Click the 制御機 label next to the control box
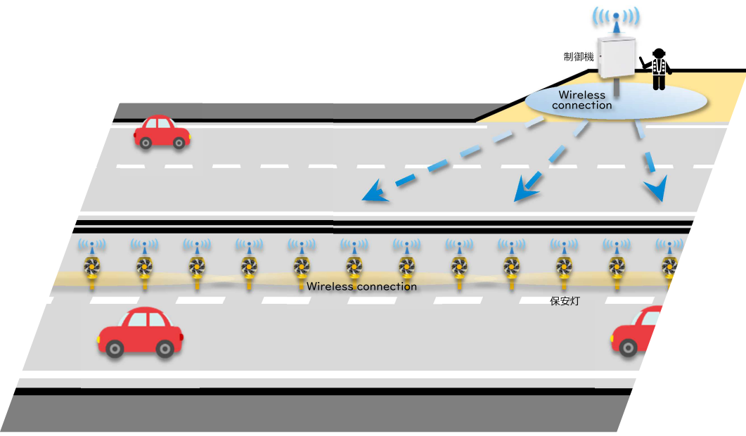(x=579, y=57)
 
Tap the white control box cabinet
(x=617, y=56)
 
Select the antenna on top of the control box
(x=616, y=21)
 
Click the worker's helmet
(x=659, y=53)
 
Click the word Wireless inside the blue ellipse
(x=581, y=95)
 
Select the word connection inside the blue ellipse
(x=581, y=105)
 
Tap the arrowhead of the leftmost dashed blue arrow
(x=373, y=193)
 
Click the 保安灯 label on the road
(x=563, y=300)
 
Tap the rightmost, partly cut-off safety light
(x=670, y=268)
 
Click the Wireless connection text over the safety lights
(x=361, y=287)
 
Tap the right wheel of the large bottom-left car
(x=165, y=347)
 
